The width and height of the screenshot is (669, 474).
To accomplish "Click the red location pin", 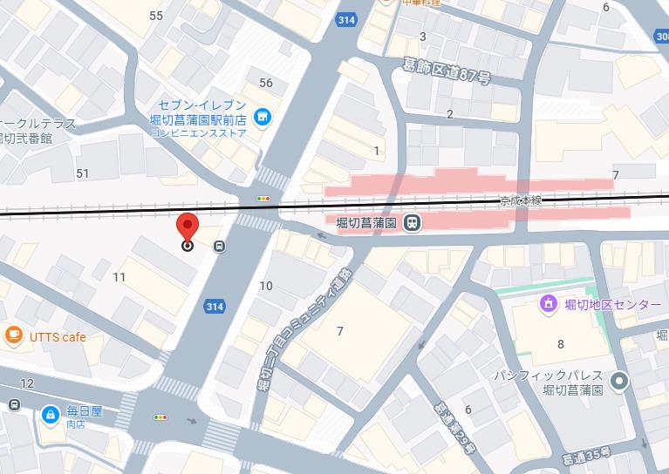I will [187, 228].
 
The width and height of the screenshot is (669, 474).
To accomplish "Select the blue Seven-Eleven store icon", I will [260, 116].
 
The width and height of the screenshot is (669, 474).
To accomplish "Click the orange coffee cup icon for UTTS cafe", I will [13, 335].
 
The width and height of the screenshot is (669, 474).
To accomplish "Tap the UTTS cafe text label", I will [58, 336].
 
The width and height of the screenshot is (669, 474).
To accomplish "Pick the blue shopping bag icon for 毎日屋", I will [51, 412].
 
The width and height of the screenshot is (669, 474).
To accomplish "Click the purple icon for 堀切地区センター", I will [548, 304].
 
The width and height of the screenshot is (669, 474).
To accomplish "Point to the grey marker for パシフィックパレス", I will [619, 381].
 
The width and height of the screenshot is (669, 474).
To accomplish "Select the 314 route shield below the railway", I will [215, 306].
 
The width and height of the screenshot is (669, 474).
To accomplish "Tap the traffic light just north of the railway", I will [263, 199].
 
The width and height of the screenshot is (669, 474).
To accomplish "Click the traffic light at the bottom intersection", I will [160, 417].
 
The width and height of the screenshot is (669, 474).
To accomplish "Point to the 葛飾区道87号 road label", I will [447, 71].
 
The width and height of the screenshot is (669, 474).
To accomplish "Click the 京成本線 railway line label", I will [521, 200].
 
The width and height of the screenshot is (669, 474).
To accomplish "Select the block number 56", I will [266, 83].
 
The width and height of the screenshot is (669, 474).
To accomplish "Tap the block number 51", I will [83, 173].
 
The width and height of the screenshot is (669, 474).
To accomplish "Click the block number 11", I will [119, 277].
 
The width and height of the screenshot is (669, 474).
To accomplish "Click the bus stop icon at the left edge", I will [14, 405].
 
